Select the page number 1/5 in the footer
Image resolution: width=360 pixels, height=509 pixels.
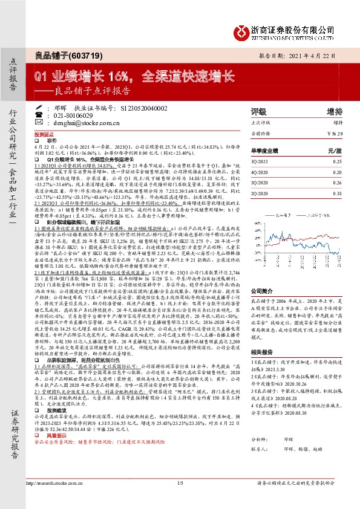click(180, 499)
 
